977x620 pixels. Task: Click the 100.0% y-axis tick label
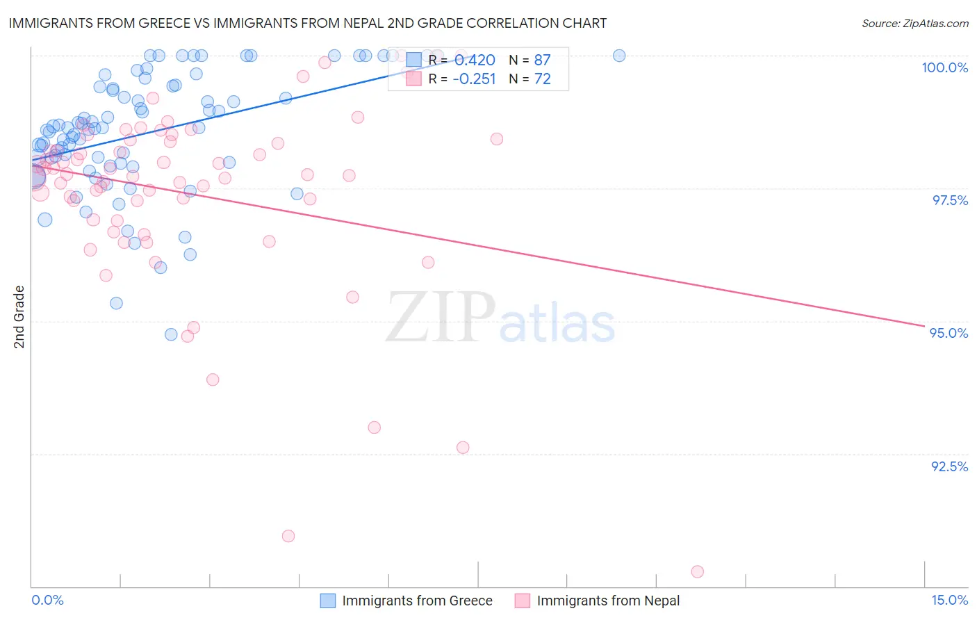click(944, 67)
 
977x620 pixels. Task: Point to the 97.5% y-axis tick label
click(949, 200)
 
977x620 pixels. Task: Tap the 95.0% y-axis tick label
click(949, 333)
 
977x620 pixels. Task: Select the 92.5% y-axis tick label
click(949, 466)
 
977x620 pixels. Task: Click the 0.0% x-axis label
click(47, 601)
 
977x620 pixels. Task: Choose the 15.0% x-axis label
click(949, 601)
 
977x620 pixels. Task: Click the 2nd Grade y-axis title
click(19, 317)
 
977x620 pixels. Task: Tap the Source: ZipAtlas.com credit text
click(914, 24)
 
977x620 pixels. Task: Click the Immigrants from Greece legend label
click(417, 601)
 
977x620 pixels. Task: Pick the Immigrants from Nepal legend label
click(608, 601)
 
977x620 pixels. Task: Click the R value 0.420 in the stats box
click(475, 60)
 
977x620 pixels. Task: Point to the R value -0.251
click(474, 79)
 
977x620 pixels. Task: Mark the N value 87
click(542, 60)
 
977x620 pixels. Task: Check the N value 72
click(542, 79)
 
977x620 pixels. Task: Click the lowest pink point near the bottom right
click(697, 572)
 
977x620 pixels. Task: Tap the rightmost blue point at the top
click(619, 56)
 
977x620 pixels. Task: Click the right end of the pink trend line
click(923, 325)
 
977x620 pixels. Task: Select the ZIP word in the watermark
click(441, 318)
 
